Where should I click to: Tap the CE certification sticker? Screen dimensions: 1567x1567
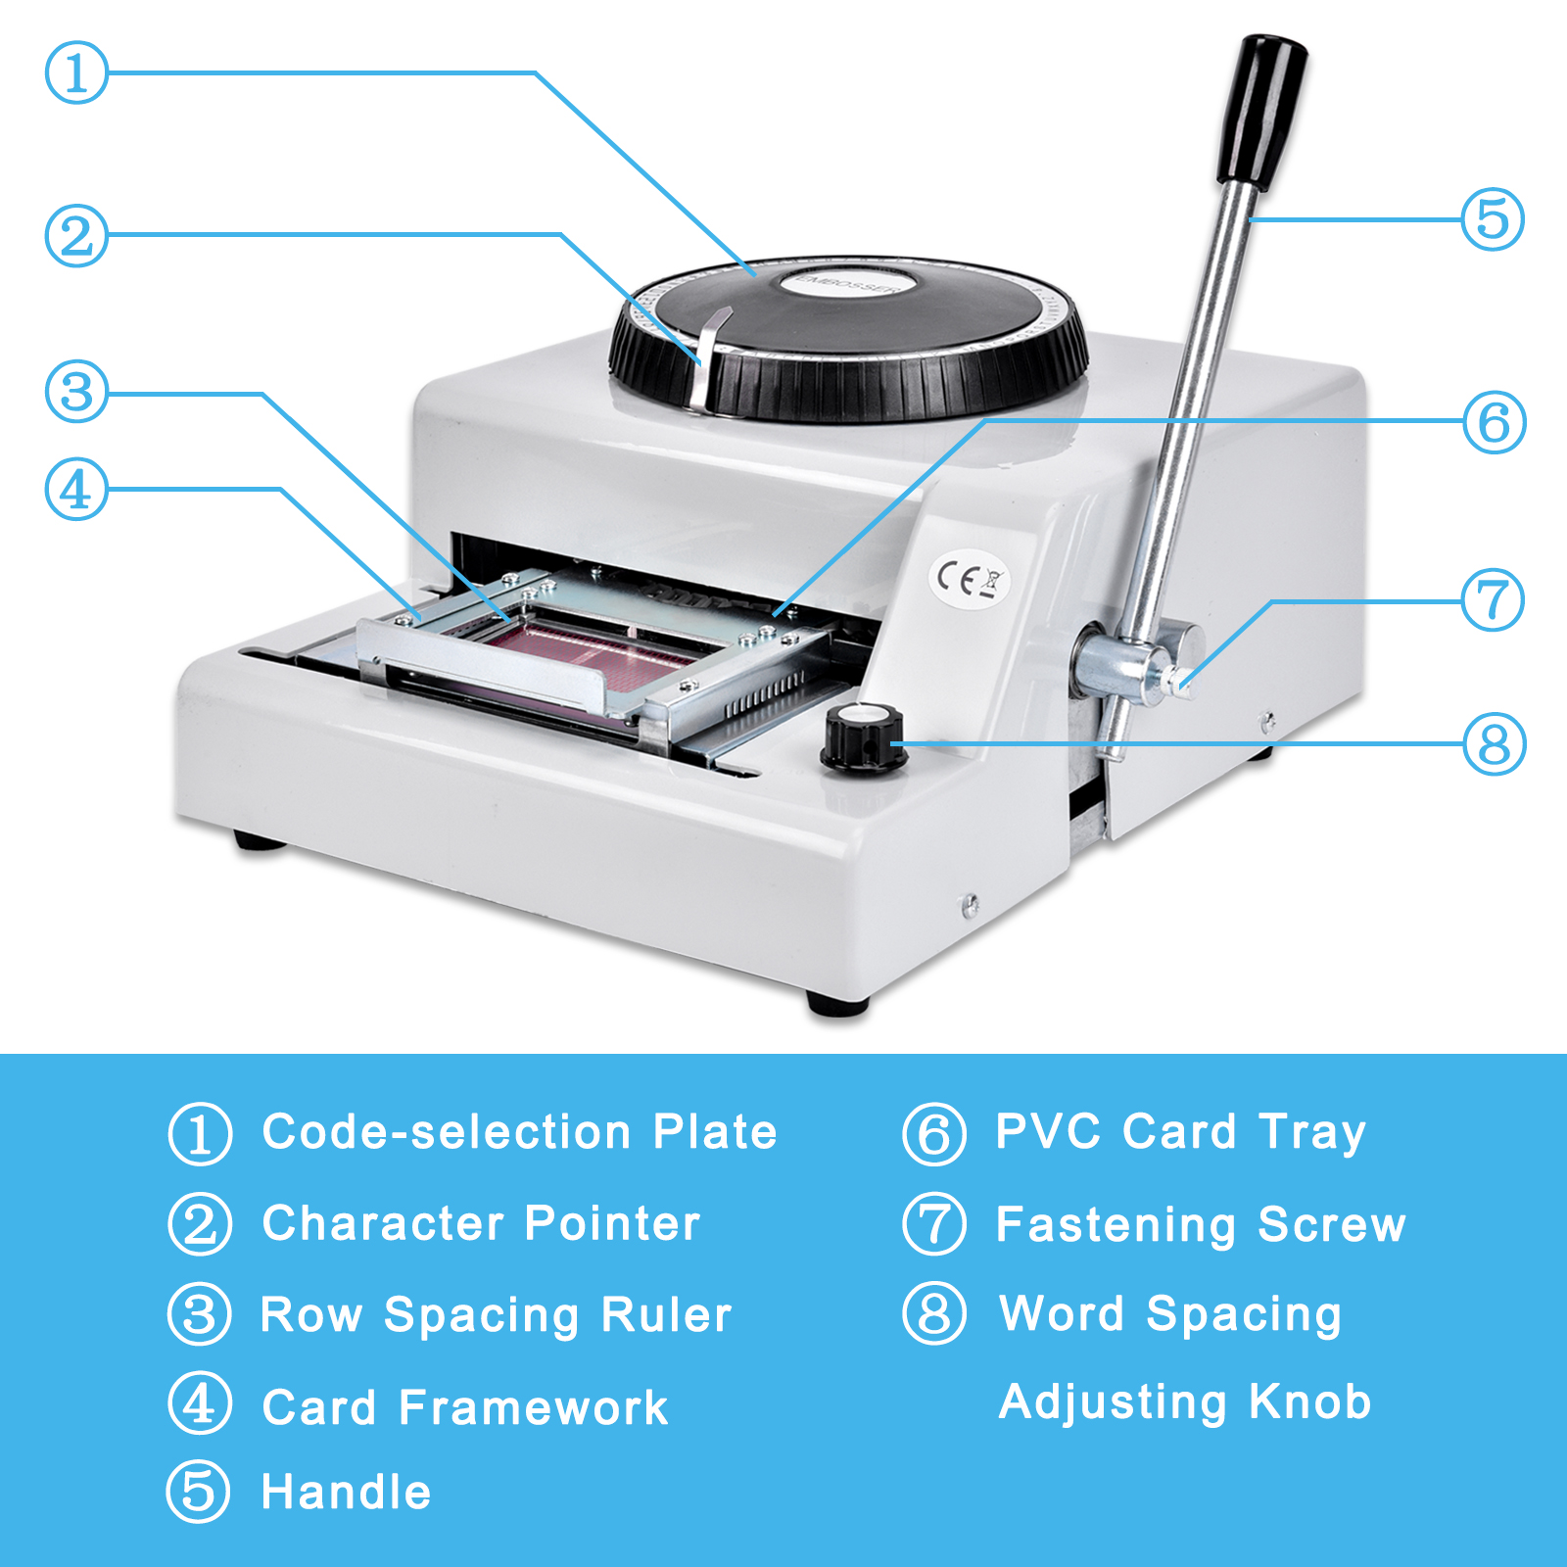[x=968, y=579]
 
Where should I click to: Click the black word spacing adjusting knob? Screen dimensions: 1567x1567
[x=863, y=736]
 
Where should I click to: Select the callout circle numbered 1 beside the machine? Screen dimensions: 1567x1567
[x=76, y=72]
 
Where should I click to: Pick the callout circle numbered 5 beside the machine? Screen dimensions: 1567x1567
[x=1493, y=218]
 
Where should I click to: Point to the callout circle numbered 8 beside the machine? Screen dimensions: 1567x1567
[x=1495, y=744]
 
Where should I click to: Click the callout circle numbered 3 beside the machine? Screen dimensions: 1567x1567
[x=76, y=392]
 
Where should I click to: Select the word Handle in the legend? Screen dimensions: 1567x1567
[x=346, y=1493]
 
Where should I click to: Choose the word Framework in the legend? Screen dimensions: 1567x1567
[x=533, y=1408]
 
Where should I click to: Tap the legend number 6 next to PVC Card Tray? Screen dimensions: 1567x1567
[x=934, y=1133]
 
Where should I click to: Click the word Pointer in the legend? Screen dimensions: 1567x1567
[x=612, y=1223]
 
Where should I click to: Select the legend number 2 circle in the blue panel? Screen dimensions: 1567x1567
[x=200, y=1224]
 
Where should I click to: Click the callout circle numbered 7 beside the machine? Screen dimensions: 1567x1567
[x=1493, y=599]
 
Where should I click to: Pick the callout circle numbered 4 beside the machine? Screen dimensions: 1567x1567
[x=76, y=490]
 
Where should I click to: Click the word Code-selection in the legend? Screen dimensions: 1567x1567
[x=447, y=1132]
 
